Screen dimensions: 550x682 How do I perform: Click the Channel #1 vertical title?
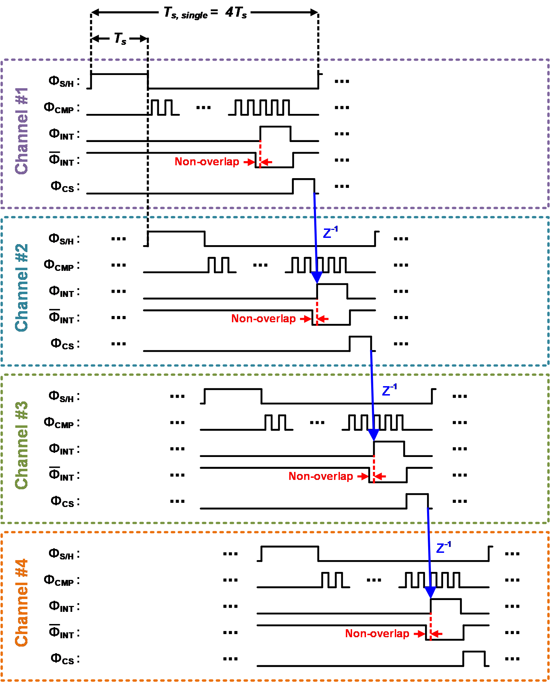pos(22,131)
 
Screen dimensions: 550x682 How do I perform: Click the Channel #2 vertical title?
pos(22,288)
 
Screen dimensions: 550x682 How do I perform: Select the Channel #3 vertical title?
pos(22,445)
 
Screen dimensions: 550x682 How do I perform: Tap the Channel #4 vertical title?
pos(22,602)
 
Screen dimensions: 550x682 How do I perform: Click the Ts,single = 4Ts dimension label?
pos(205,13)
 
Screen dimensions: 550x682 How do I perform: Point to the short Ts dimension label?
pos(120,39)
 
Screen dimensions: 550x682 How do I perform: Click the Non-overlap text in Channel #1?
pos(207,161)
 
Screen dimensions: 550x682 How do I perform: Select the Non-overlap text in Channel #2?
pos(264,318)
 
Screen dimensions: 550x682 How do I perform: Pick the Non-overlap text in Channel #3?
pos(321,476)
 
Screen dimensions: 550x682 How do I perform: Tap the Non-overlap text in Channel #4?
pos(377,633)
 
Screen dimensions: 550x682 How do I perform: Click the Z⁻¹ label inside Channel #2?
pos(331,232)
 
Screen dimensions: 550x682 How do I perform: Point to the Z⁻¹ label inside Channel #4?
pos(444,547)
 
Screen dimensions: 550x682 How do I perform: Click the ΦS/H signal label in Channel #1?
pos(64,82)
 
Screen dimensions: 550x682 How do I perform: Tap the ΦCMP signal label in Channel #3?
pos(61,423)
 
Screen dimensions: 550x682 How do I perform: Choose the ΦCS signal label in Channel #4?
pos(65,659)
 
